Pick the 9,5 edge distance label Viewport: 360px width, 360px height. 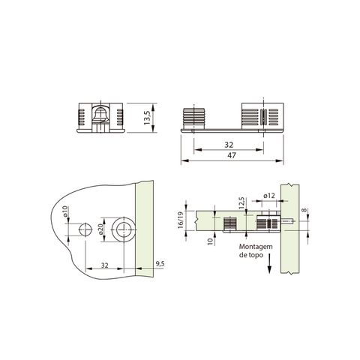[160, 264]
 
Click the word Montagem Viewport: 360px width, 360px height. [256, 246]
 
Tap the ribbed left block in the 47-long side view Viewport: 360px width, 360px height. [194, 120]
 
